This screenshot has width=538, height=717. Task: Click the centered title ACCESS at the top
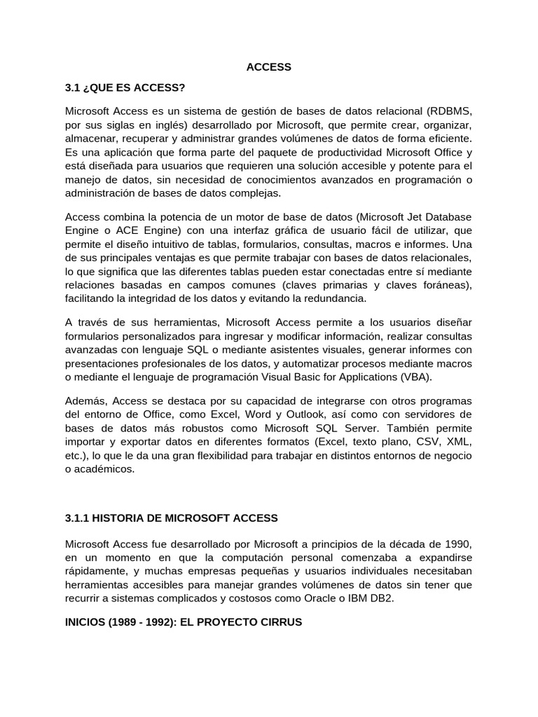(x=268, y=67)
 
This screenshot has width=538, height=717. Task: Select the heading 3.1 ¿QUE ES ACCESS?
(x=125, y=88)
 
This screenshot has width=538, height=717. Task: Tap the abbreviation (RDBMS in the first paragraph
(x=448, y=111)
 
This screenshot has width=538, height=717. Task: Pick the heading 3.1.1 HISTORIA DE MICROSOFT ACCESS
(x=171, y=518)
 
